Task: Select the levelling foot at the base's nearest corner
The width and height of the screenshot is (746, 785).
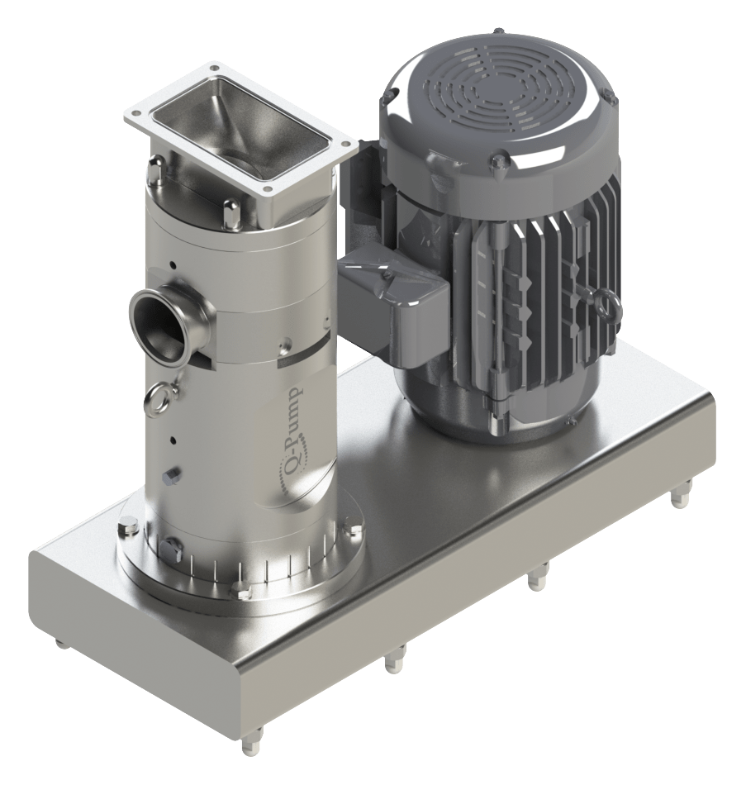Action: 249,747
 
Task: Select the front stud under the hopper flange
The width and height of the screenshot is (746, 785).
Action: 230,214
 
